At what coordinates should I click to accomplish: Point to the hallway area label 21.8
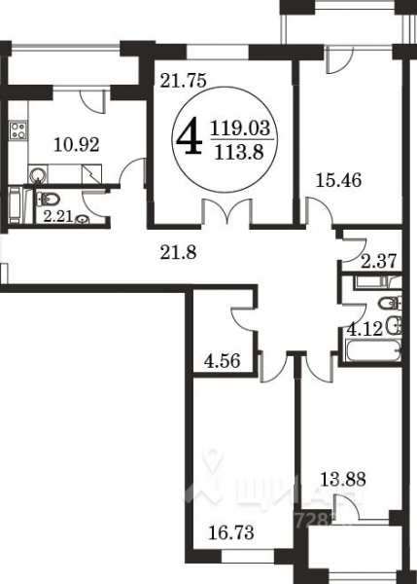pyautogui.click(x=179, y=255)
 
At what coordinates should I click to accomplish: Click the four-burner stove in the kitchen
pyautogui.click(x=18, y=130)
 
